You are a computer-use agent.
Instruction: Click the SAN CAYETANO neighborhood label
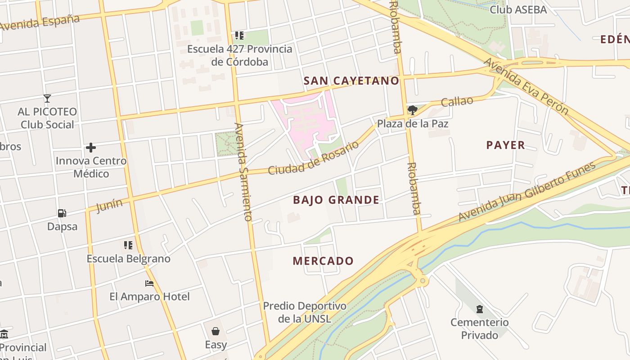point(351,81)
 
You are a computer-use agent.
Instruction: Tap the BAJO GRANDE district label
point(336,200)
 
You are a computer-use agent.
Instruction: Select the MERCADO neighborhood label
point(323,261)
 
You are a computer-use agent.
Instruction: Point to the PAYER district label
point(505,145)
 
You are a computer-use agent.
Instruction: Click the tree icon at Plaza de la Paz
point(412,110)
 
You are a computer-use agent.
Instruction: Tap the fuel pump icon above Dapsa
point(62,213)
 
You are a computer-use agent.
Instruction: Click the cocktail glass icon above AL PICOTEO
point(47,98)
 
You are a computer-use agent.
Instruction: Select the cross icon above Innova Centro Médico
point(91,148)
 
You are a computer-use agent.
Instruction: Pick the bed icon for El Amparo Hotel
point(149,283)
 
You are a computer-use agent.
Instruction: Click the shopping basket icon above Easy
point(216,332)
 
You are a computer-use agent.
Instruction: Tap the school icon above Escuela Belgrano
point(128,245)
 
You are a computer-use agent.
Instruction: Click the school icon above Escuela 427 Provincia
point(239,35)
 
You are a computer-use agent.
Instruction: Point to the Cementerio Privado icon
point(480,309)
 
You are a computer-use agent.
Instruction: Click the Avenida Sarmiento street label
point(243,172)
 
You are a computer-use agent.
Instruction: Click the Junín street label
point(109,206)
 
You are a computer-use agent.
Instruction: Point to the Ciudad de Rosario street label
point(314,158)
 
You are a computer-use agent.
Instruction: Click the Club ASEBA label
point(518,9)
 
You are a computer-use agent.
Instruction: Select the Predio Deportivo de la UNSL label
point(305,312)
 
